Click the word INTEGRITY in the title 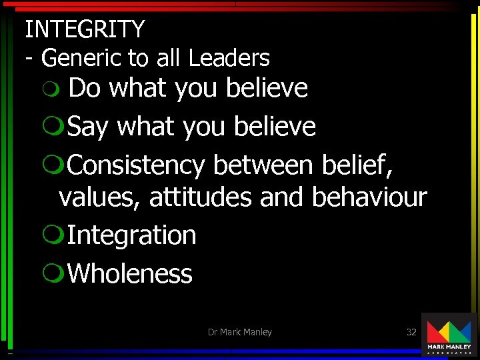(85, 29)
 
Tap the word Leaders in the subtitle (229, 59)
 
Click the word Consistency (136, 165)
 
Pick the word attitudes (201, 197)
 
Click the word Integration (131, 235)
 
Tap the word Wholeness (130, 273)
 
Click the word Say (87, 127)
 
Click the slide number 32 (411, 331)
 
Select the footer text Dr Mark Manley (239, 331)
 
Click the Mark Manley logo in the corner (449, 335)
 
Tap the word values (100, 197)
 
